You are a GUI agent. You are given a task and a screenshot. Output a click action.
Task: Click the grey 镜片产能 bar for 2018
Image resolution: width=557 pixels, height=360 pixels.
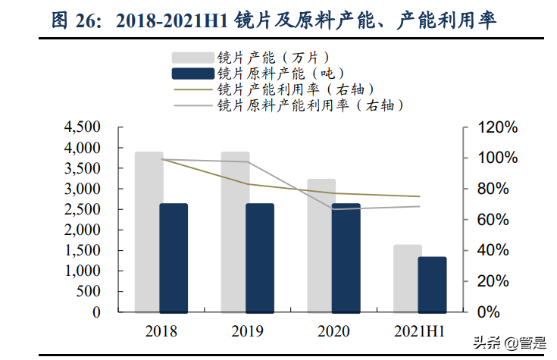coord(149,227)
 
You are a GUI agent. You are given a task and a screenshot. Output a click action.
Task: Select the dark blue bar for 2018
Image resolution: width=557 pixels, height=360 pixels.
coord(174,258)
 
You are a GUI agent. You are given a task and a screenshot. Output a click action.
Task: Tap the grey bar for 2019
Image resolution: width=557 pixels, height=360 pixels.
coord(235,227)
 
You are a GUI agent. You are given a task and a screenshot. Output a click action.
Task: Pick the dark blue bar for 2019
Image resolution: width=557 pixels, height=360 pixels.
coord(260,258)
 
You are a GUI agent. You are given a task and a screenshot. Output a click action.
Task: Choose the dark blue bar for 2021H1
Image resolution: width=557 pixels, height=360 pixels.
coord(433,284)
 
